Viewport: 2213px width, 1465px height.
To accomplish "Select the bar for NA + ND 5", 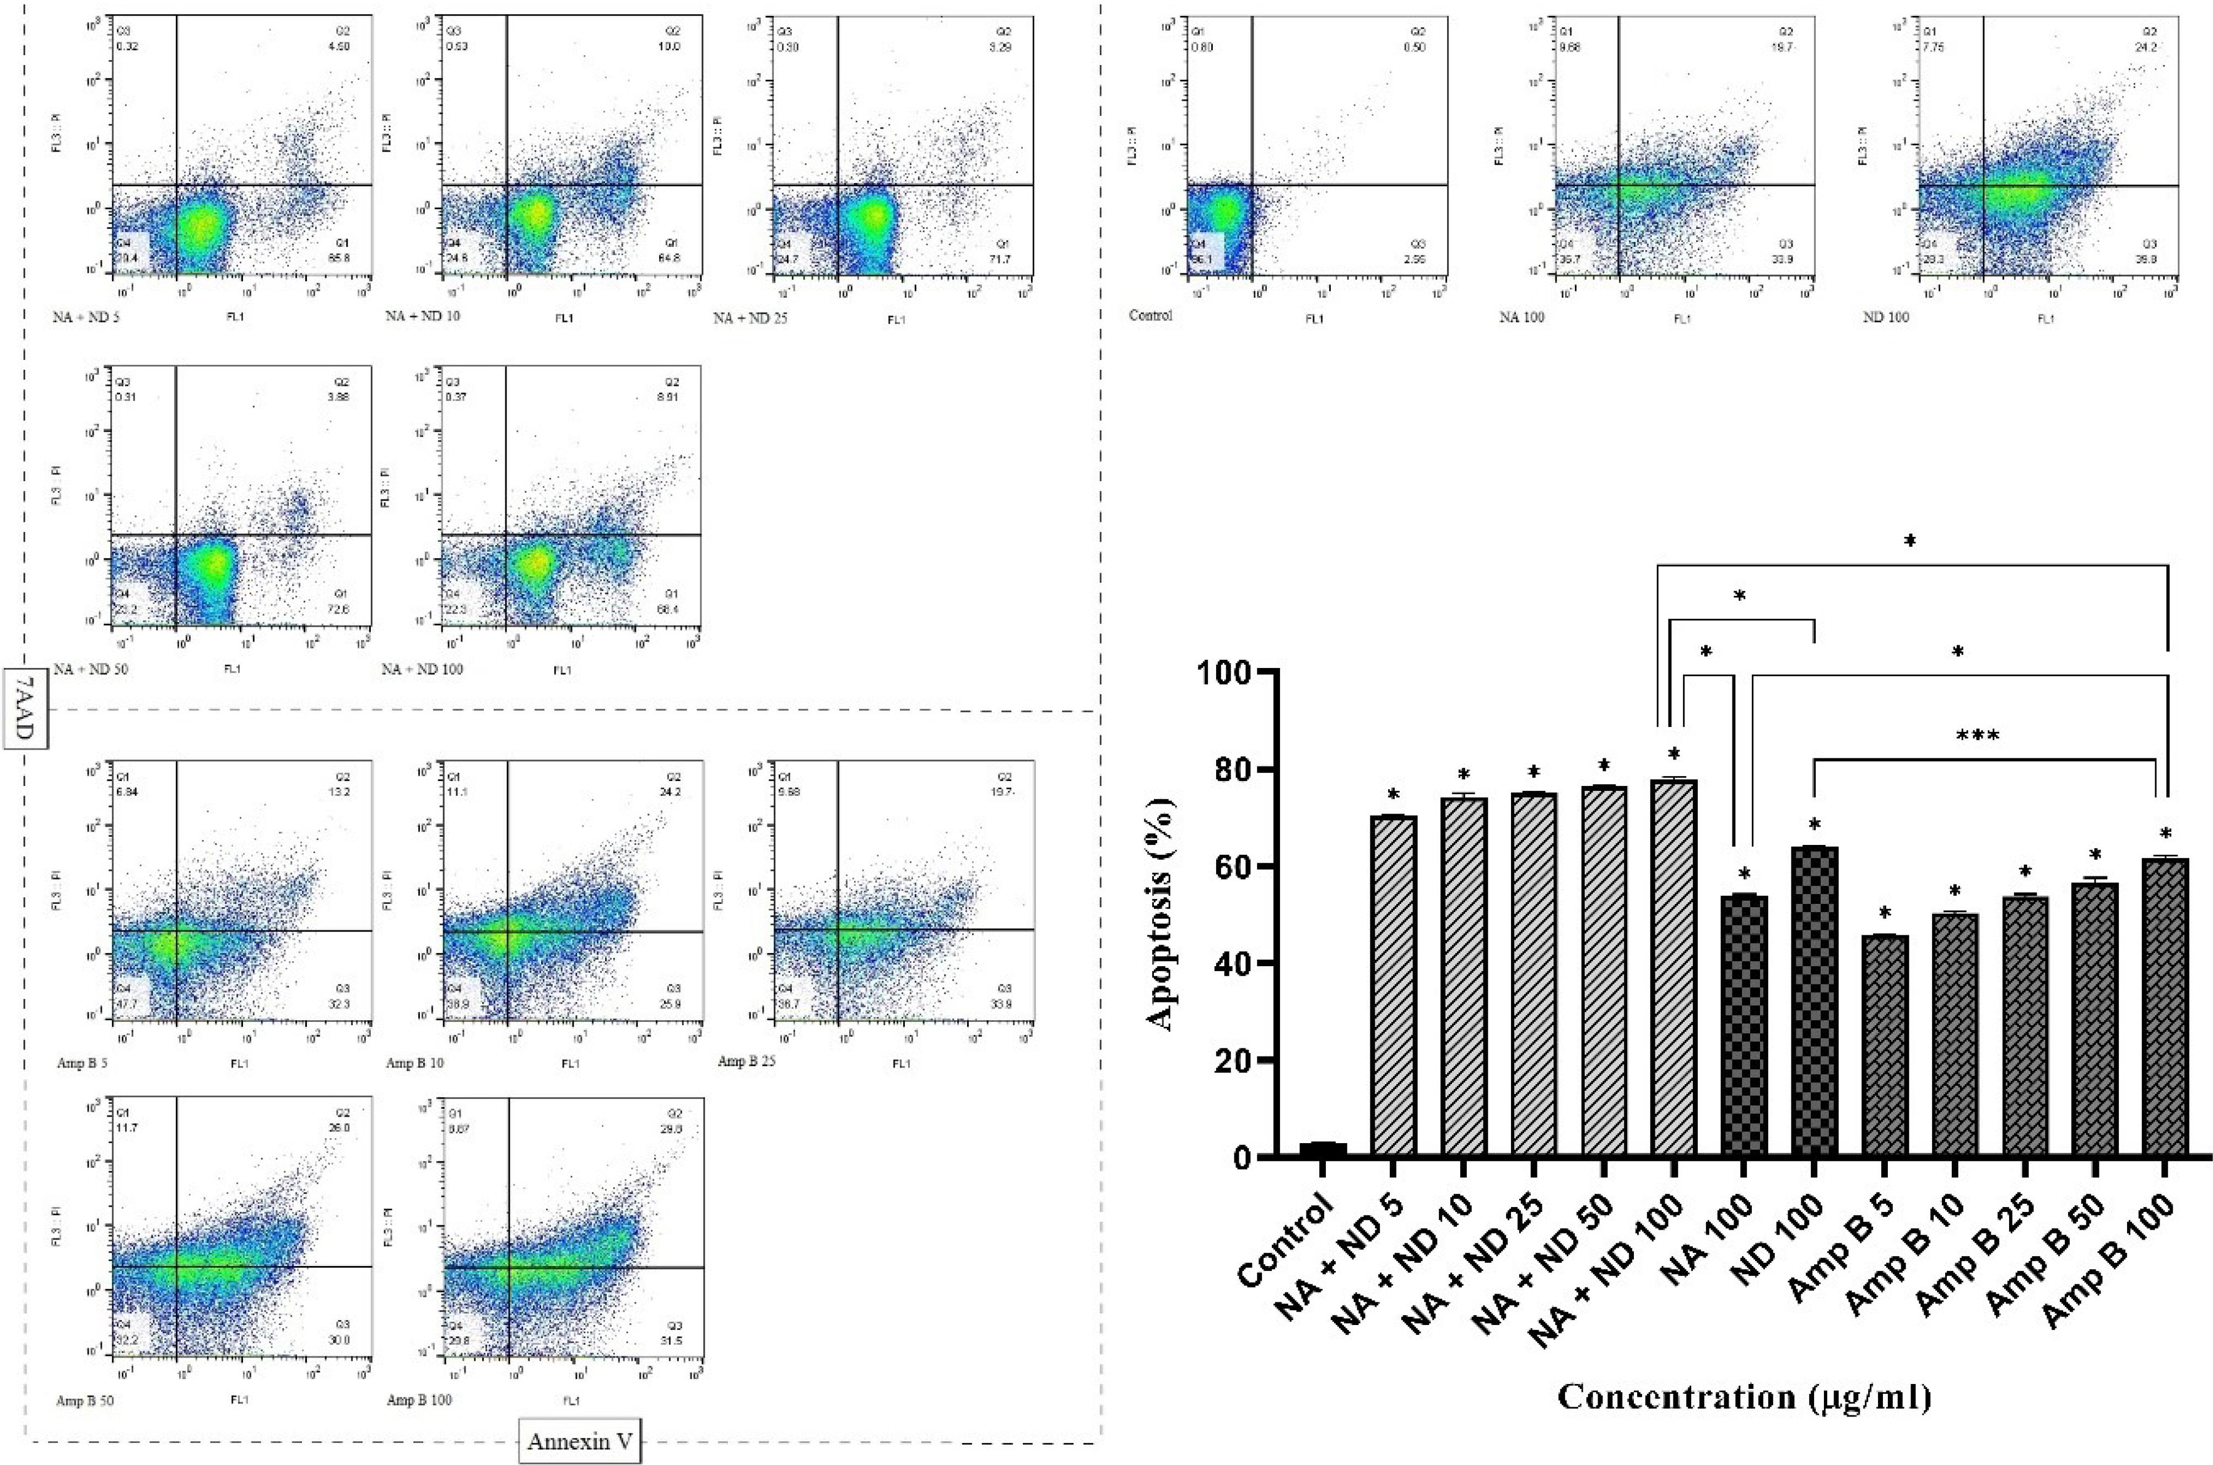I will coord(1393,985).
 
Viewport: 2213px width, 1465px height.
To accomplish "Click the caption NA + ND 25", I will coord(750,319).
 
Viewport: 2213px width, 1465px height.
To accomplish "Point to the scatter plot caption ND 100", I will coord(1885,317).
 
